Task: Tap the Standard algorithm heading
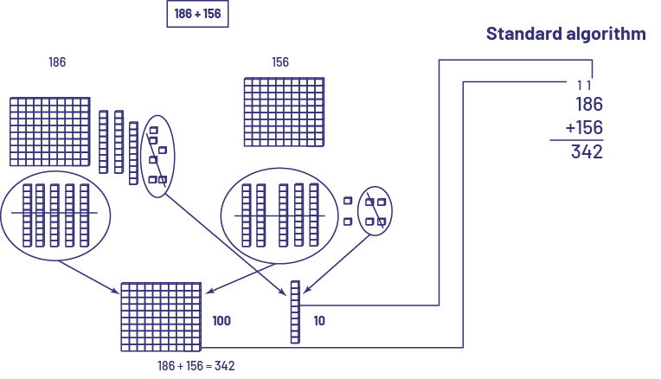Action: click(x=566, y=34)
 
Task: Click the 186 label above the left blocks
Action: click(x=57, y=62)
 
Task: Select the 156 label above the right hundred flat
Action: click(x=280, y=62)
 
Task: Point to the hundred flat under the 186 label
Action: click(x=50, y=132)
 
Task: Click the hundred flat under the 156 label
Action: click(x=285, y=113)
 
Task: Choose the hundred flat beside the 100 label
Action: click(x=161, y=316)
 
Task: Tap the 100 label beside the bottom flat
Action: click(x=221, y=321)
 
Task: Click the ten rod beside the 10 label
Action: click(x=295, y=312)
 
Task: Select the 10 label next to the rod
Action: click(x=319, y=321)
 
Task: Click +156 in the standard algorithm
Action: click(x=584, y=128)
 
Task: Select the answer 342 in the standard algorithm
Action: click(x=587, y=152)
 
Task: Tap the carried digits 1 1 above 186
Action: click(x=584, y=85)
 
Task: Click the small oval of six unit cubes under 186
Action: click(x=157, y=156)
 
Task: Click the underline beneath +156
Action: click(x=576, y=140)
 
